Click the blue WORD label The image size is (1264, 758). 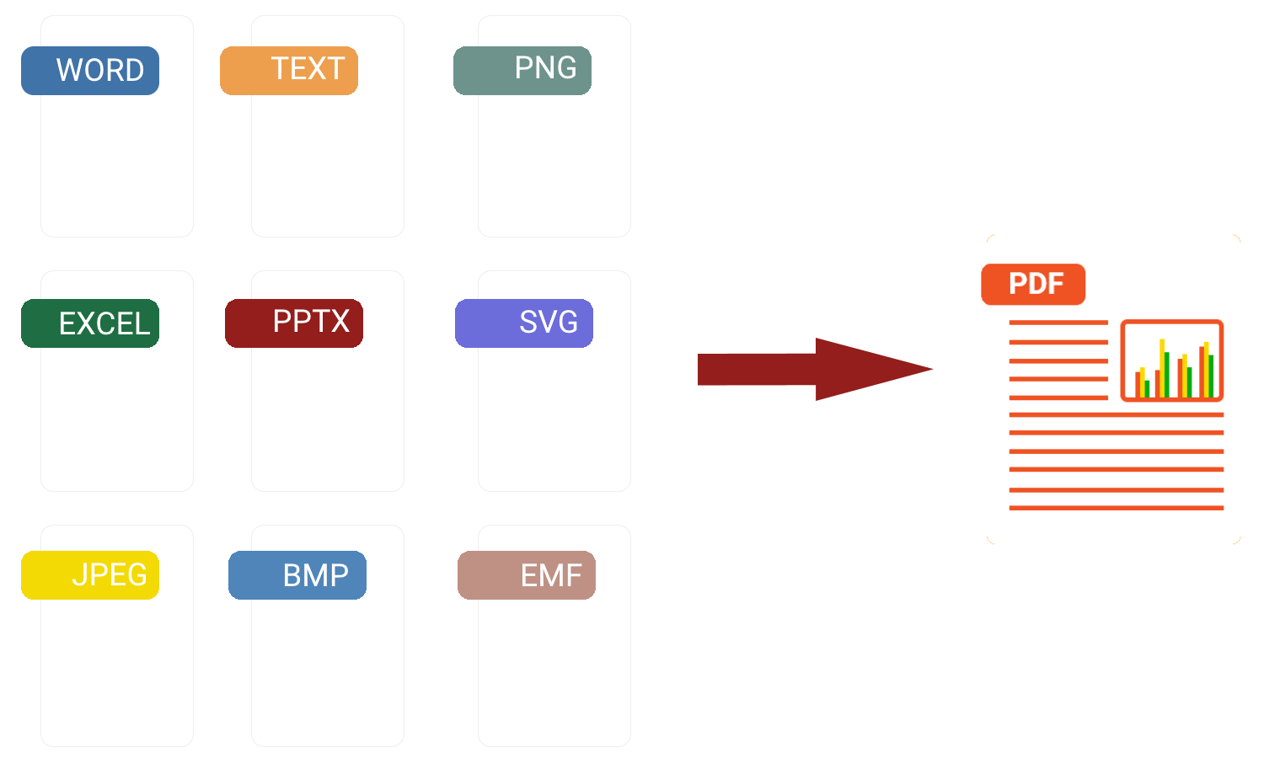pyautogui.click(x=90, y=71)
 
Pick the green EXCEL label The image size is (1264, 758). pyautogui.click(x=90, y=323)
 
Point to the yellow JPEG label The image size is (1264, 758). pyautogui.click(x=90, y=575)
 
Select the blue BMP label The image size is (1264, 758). pyautogui.click(x=297, y=575)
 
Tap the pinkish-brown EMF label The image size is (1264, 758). pyautogui.click(x=527, y=575)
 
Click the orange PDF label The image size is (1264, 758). pyautogui.click(x=1033, y=285)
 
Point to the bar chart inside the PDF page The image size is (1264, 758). pyautogui.click(x=1172, y=360)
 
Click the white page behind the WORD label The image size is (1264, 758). pyautogui.click(x=117, y=168)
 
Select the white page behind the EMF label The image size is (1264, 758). pyautogui.click(x=554, y=674)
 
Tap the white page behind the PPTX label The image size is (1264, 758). pyautogui.click(x=328, y=421)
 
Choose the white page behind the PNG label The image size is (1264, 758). pyautogui.click(x=554, y=168)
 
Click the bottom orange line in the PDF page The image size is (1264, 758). pyautogui.click(x=1117, y=508)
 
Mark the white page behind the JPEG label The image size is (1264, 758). pyautogui.click(x=117, y=674)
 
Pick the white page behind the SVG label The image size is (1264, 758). pyautogui.click(x=554, y=421)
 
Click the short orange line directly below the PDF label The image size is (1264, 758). pyautogui.click(x=1058, y=323)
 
